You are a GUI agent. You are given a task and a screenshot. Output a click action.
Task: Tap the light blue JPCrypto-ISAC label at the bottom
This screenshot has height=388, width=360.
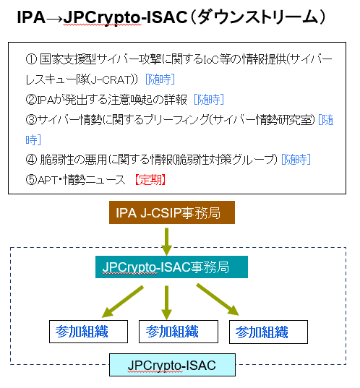coord(171,365)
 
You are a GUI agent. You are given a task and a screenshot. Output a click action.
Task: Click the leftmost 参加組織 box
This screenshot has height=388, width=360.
coord(81,332)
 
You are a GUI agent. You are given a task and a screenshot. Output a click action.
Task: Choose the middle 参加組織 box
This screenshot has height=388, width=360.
coord(171,332)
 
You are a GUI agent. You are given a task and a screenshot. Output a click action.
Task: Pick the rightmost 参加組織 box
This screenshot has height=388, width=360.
coord(267,332)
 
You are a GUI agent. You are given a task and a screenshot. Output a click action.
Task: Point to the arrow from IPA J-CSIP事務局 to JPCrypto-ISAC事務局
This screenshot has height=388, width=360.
coord(167,239)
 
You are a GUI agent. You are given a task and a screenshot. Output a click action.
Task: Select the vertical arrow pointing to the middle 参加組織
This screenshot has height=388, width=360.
coord(167,302)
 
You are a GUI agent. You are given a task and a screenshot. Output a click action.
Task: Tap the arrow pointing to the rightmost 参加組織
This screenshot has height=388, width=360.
coord(218,299)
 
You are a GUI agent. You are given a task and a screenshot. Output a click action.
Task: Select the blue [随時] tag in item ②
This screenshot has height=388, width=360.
coord(210,99)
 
